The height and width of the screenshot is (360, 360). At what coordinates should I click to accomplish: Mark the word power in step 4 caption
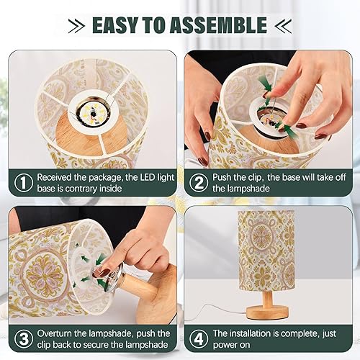225,346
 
